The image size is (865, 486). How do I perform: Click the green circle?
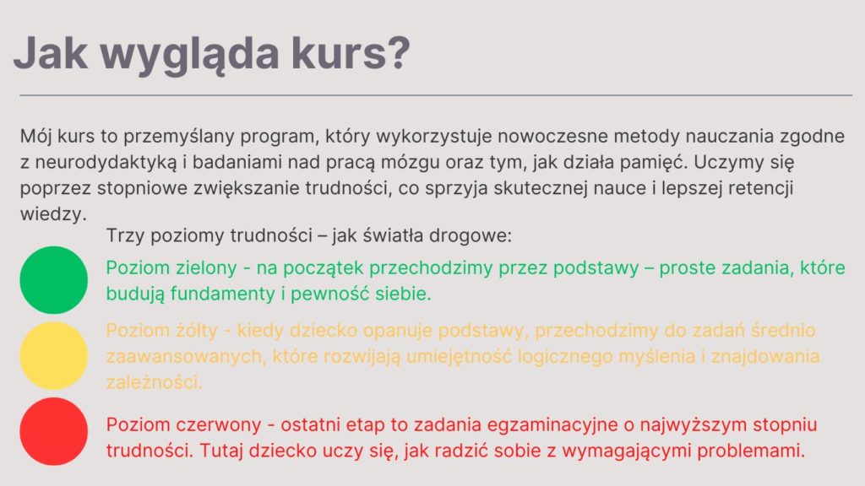click(x=53, y=280)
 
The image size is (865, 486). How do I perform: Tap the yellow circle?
click(x=53, y=356)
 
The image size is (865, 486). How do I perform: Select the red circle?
click(x=53, y=431)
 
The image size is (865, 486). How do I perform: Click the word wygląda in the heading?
click(x=190, y=55)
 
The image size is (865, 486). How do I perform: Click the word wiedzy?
click(x=53, y=213)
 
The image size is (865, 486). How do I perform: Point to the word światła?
click(x=394, y=236)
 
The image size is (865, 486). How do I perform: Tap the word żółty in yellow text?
click(x=196, y=331)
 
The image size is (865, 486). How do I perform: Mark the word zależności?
click(x=154, y=382)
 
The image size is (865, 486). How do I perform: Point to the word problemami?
click(x=751, y=451)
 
